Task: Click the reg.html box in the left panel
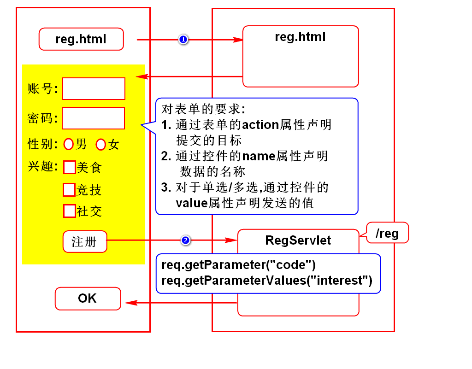81,39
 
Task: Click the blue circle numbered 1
183,40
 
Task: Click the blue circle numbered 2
185,240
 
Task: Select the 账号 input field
94,88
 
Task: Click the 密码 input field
93,118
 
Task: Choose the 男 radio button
69,144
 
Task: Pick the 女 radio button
101,145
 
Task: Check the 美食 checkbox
69,167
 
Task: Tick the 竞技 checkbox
69,189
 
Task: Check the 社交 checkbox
69,211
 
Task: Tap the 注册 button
85,241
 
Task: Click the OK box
88,299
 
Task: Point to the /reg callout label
387,234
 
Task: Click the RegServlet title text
298,240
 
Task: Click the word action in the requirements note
260,125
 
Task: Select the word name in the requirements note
259,156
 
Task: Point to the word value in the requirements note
191,203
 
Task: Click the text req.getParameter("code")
238,265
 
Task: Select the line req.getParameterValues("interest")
267,280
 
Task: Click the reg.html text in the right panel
300,37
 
